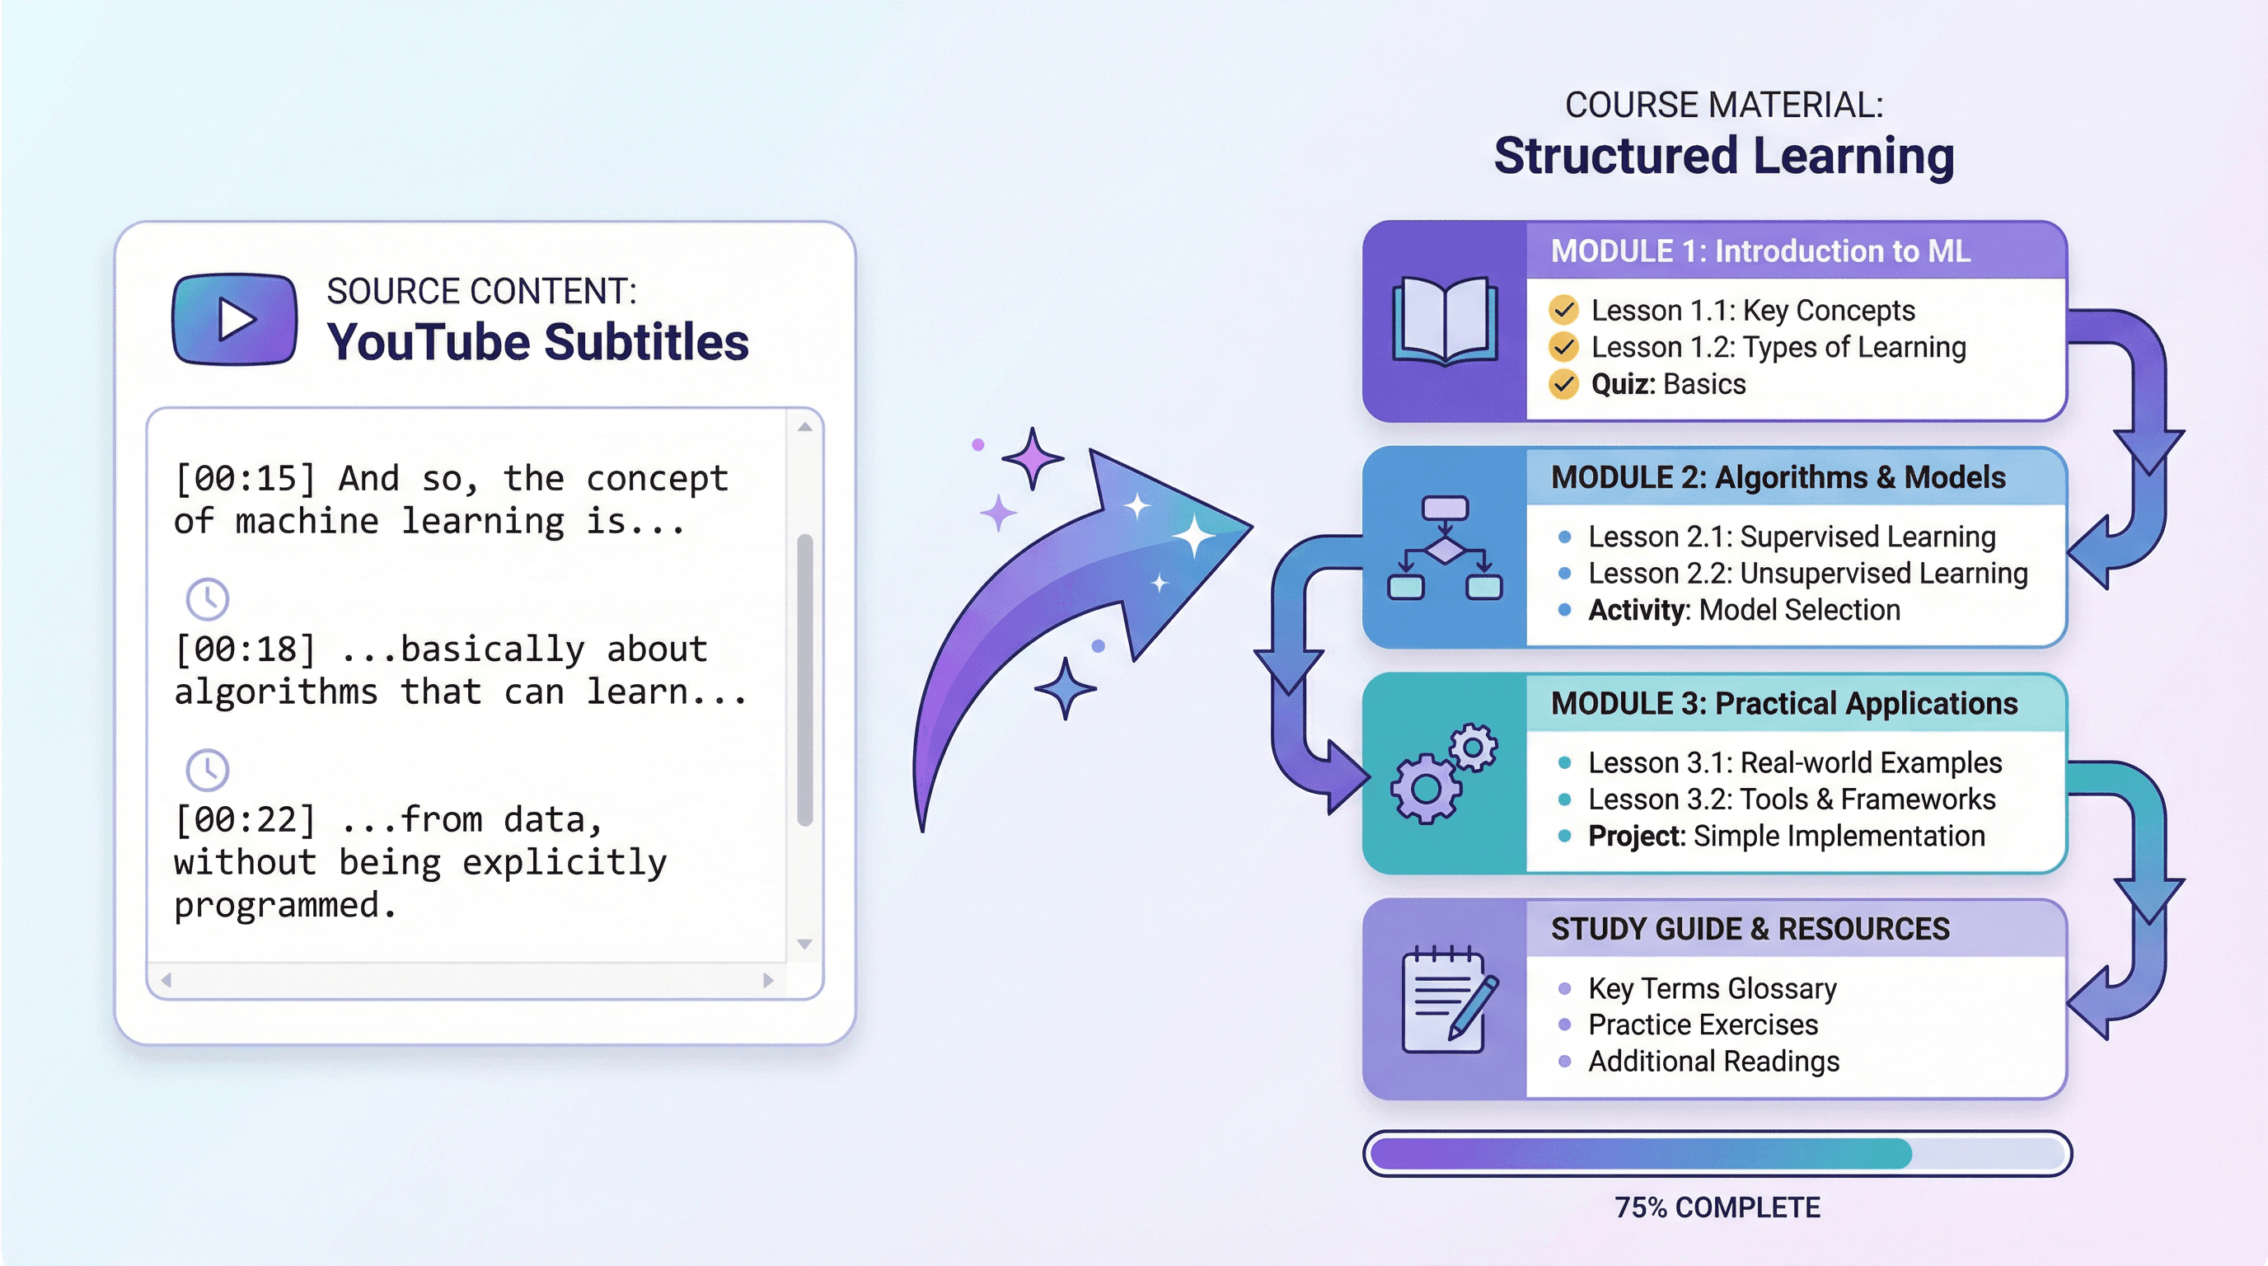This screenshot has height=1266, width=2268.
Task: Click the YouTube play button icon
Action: pyautogui.click(x=234, y=318)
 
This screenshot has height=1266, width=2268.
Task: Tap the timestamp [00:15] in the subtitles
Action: pyautogui.click(x=245, y=479)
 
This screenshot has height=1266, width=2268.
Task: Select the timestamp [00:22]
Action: pyautogui.click(x=245, y=819)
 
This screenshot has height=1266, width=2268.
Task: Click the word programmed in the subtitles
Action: pyautogui.click(x=284, y=905)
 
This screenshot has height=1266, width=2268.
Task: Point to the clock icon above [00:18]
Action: pyautogui.click(x=208, y=599)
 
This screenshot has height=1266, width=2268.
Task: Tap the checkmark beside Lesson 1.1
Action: pyautogui.click(x=1563, y=310)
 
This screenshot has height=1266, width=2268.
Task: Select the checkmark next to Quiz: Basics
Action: pyautogui.click(x=1563, y=384)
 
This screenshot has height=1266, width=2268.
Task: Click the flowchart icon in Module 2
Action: pyautogui.click(x=1444, y=547)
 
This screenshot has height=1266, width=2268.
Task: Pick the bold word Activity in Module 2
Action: pyautogui.click(x=1638, y=610)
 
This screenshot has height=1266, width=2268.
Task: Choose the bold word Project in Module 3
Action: pyautogui.click(x=1636, y=836)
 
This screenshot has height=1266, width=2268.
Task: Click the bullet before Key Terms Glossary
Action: pyautogui.click(x=1564, y=989)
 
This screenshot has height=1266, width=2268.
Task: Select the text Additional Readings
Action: pyautogui.click(x=1713, y=1062)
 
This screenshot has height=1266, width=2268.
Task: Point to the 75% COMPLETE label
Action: pyautogui.click(x=1717, y=1207)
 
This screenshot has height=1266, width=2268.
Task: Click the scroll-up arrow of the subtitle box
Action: pyautogui.click(x=804, y=427)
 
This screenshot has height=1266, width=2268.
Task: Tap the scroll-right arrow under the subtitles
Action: pyautogui.click(x=768, y=980)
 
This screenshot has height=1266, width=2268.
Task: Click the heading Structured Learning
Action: pyautogui.click(x=1724, y=156)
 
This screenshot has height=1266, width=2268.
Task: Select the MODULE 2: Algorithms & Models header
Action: pyautogui.click(x=1778, y=477)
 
